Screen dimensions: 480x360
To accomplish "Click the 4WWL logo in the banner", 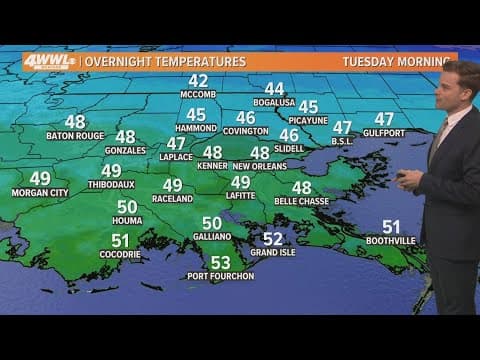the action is click(50, 62).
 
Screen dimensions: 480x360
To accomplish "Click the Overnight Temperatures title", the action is click(166, 62).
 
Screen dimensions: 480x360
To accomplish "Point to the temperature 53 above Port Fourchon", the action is click(220, 262).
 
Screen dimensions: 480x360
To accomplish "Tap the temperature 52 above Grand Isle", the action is click(272, 238).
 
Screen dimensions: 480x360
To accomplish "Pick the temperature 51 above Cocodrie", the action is click(120, 240).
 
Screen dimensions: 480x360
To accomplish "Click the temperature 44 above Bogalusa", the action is click(273, 89).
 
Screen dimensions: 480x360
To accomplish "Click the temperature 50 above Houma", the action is click(127, 206).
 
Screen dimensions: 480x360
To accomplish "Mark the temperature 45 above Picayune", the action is click(308, 107).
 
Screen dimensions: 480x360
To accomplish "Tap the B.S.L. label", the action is click(342, 141).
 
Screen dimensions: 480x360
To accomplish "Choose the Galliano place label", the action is click(212, 237).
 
